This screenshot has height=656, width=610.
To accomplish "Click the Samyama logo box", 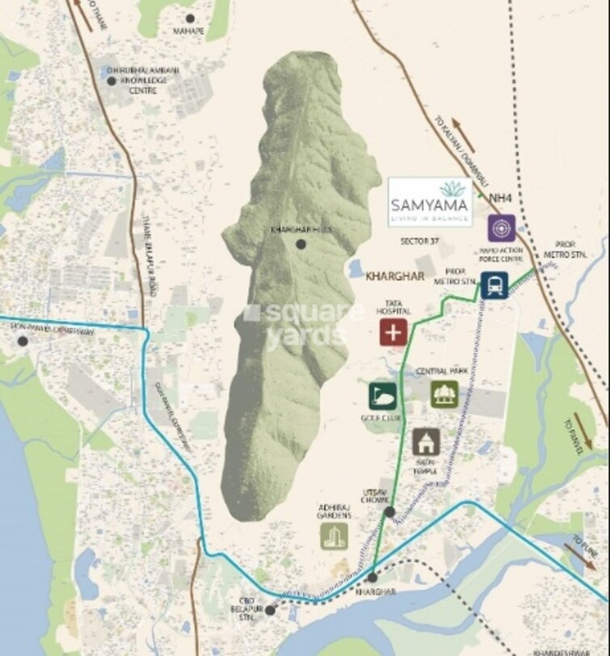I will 430,202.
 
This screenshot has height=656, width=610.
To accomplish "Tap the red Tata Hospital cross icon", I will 393,332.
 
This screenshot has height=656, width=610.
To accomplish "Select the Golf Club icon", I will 382,396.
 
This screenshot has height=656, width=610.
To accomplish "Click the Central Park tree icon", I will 444,393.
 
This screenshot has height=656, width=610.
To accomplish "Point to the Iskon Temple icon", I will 426,442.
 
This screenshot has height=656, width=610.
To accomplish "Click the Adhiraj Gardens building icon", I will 334,536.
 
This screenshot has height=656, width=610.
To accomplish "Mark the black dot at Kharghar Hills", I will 301,244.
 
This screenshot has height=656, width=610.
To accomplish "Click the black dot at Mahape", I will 191,18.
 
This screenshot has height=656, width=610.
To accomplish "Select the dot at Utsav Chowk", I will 389,511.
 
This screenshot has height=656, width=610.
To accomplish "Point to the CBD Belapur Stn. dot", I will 270,610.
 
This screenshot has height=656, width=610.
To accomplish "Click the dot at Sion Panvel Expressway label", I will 23,341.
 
